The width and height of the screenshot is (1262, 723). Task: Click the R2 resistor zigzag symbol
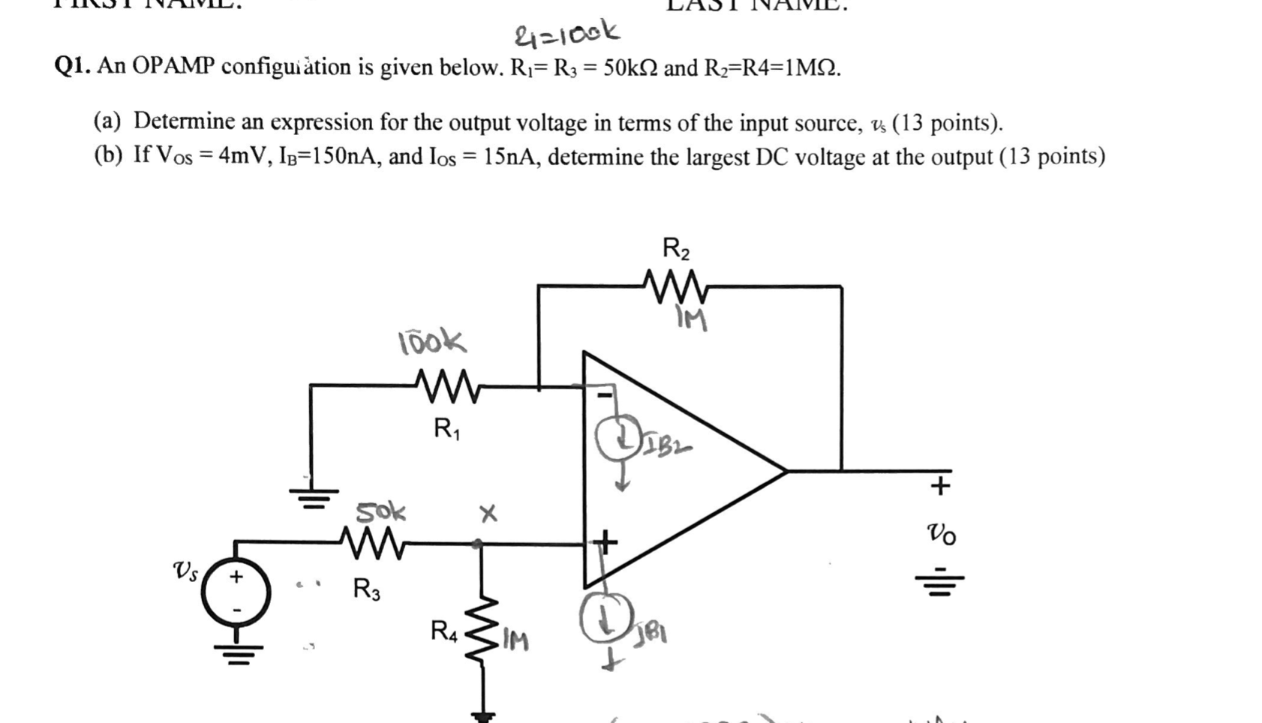674,286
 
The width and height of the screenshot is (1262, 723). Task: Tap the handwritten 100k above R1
431,342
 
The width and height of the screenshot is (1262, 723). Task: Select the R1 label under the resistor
446,429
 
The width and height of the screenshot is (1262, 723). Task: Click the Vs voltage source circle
236,592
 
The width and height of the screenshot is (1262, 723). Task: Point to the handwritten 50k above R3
380,512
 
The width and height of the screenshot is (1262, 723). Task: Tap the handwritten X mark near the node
488,514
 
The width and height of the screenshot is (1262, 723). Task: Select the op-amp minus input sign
604,394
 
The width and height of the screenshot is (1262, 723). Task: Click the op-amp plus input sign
604,540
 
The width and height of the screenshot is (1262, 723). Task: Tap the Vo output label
941,534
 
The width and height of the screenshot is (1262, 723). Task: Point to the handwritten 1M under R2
691,320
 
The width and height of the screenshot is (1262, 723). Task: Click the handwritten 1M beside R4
515,640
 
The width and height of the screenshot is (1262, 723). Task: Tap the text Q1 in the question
72,67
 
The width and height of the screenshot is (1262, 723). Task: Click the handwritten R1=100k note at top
566,33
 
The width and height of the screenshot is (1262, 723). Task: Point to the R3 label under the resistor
366,589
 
